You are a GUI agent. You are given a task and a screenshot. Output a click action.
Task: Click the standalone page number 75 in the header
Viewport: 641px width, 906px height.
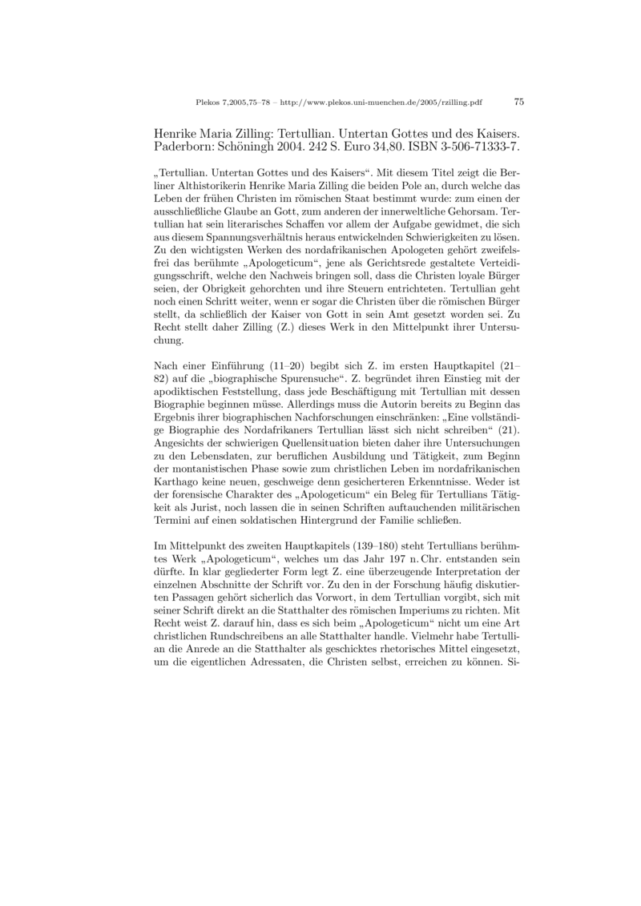pyautogui.click(x=518, y=102)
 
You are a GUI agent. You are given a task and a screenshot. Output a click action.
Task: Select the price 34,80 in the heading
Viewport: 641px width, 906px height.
pyautogui.click(x=378, y=147)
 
